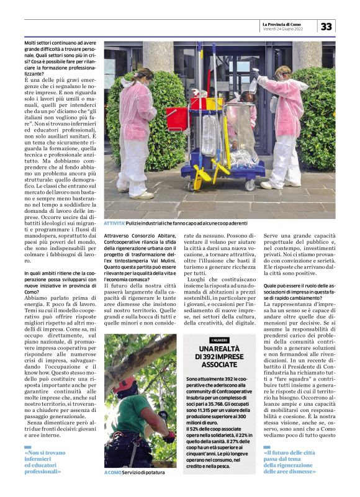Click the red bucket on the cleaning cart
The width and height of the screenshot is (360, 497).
[x=177, y=118]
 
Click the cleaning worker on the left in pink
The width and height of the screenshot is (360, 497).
[x=136, y=130]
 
